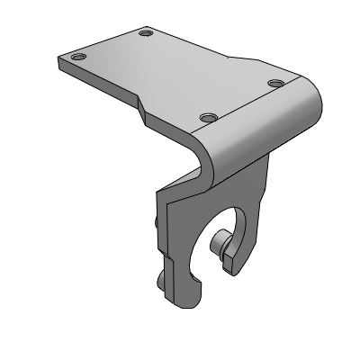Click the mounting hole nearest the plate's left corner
point(78,57)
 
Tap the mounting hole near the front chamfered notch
point(208,118)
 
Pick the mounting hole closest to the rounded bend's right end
point(275,84)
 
